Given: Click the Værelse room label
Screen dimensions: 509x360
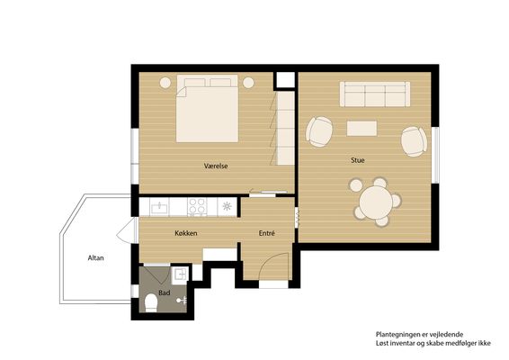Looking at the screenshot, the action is click(x=216, y=166).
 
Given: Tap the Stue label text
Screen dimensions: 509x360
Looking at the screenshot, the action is click(x=357, y=160).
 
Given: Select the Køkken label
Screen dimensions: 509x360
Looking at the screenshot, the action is click(x=185, y=233).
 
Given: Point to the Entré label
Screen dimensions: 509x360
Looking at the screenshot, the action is click(x=266, y=233).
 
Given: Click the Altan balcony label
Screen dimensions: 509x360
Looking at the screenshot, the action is click(x=95, y=258).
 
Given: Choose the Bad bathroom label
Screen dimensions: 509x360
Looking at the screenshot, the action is click(x=165, y=293).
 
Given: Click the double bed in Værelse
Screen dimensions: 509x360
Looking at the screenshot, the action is click(x=207, y=109).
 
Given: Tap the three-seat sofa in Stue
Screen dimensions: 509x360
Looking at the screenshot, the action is click(x=375, y=94).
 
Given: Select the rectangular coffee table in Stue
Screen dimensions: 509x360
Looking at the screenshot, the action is click(x=362, y=129).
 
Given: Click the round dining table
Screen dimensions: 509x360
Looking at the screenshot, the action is click(x=376, y=202).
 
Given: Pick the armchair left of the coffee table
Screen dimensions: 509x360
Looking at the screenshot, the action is click(x=319, y=131).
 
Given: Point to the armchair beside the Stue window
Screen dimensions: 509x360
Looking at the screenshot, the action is click(x=414, y=141).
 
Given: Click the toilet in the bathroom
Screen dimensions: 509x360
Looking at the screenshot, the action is click(x=151, y=302).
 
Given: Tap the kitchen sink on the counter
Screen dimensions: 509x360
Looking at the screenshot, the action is click(x=159, y=207).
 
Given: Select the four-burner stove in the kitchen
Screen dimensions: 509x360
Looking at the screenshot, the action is click(x=197, y=206).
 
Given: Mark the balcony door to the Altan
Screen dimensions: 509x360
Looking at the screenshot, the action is click(x=128, y=230).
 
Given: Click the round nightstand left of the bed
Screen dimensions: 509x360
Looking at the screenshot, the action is click(x=165, y=83).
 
